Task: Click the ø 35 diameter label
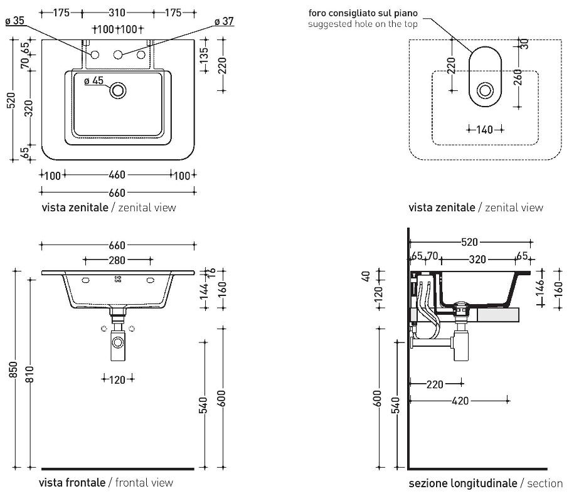tap(14, 21)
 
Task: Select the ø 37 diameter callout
tap(223, 21)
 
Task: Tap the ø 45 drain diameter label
tap(93, 80)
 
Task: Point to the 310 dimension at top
tap(116, 13)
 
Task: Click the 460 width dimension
tap(117, 175)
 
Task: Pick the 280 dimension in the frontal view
tap(117, 260)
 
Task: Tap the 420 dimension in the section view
tap(460, 401)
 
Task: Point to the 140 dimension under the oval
tap(485, 130)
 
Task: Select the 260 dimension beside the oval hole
tap(518, 79)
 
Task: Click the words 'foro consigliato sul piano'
tap(362, 13)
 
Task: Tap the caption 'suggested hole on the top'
tap(362, 24)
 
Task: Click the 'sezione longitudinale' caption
tap(463, 483)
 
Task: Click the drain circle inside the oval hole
tap(485, 91)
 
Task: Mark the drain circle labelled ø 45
tap(117, 91)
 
